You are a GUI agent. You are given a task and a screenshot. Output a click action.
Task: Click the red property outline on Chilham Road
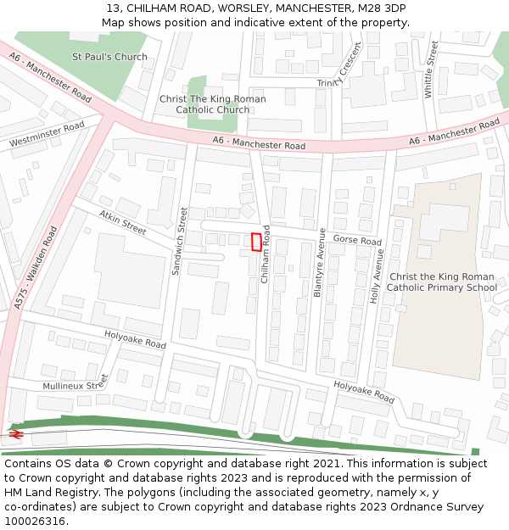[x=256, y=242]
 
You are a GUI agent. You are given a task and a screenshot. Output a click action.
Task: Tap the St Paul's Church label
[x=109, y=57]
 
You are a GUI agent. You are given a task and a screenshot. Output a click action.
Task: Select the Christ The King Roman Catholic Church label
[x=212, y=104]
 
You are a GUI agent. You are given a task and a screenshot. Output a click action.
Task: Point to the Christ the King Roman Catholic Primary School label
[x=441, y=282]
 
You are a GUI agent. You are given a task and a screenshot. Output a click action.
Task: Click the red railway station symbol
[x=14, y=433]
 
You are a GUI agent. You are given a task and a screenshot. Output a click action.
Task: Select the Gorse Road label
[x=356, y=241]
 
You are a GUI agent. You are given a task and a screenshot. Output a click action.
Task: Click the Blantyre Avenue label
[x=320, y=262]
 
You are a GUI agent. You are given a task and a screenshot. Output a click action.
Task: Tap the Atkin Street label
[x=123, y=222]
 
